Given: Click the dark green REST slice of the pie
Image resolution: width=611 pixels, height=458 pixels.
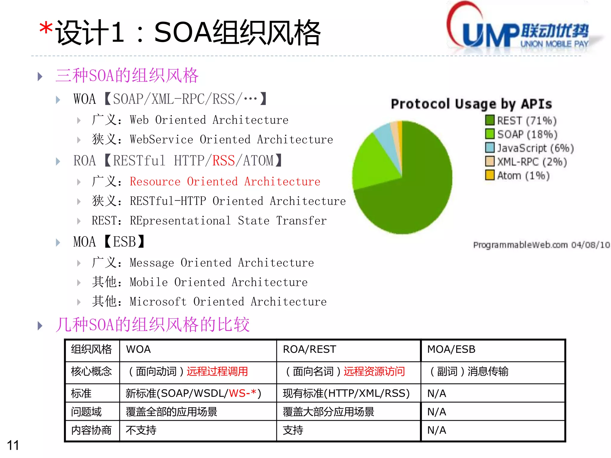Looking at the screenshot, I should [x=418, y=194].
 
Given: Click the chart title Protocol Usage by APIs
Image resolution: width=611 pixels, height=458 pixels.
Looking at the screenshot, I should [x=471, y=104].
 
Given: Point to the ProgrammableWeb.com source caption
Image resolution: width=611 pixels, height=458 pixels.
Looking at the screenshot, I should [x=541, y=245].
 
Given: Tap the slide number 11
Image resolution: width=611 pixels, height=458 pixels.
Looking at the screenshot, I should [x=13, y=445].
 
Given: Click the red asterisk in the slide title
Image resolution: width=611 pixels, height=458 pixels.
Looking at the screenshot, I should [x=46, y=29].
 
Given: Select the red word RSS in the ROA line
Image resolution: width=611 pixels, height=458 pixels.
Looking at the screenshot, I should [x=223, y=161].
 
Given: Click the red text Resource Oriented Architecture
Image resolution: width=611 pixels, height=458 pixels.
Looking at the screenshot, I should [x=225, y=182].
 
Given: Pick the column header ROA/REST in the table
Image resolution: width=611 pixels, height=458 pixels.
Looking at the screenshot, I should [x=309, y=349].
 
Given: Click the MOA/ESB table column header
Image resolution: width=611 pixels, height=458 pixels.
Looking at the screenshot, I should [x=451, y=349].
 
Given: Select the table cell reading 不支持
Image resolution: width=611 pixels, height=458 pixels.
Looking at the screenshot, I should [x=141, y=430].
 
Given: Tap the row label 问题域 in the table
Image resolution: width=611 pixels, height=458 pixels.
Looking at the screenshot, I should [x=86, y=412].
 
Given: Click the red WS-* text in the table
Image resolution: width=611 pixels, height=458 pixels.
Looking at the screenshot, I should [x=243, y=393].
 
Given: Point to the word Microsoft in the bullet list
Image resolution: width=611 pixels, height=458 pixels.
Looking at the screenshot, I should [x=158, y=302].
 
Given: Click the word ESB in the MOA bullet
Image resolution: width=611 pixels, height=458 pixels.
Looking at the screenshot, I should [x=124, y=242].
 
